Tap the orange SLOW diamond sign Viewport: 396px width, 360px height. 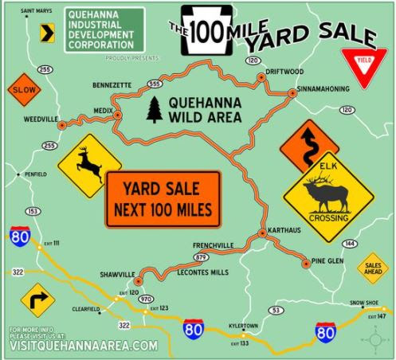tap(23, 92)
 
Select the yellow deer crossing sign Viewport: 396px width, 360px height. tap(89, 166)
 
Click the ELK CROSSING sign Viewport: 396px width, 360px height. tap(328, 196)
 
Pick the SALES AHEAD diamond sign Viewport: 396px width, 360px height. tap(372, 268)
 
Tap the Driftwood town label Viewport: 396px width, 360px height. tap(284, 69)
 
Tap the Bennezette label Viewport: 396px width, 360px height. tap(114, 82)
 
